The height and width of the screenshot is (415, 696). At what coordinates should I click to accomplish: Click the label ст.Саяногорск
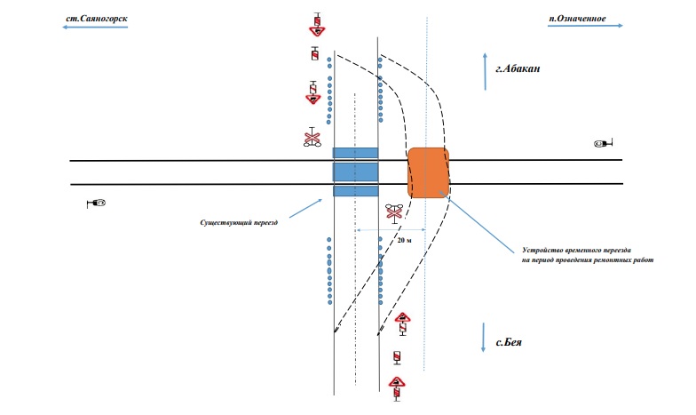[97, 19]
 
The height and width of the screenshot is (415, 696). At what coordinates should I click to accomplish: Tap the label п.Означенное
[577, 18]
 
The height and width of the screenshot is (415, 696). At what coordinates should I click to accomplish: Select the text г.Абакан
[518, 68]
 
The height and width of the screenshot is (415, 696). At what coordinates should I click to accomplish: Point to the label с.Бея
[509, 342]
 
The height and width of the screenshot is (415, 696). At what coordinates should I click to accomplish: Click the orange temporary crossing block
[428, 172]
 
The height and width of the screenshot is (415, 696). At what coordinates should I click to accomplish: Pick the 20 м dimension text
[405, 240]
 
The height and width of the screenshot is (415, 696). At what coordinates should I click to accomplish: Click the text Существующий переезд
[239, 222]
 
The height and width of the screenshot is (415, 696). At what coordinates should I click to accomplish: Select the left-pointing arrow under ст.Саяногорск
[95, 28]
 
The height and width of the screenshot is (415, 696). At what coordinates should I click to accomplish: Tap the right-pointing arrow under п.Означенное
[585, 26]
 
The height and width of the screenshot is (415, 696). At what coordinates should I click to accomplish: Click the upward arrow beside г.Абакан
[485, 71]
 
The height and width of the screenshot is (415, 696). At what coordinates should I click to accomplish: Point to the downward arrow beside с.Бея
[483, 338]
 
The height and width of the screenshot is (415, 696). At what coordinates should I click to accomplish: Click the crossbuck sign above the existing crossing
[312, 137]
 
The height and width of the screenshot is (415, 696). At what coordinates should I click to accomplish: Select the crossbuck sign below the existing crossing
[394, 211]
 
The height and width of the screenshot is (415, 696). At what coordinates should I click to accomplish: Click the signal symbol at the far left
[96, 204]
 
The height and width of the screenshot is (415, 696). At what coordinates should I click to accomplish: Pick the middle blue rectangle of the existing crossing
[355, 172]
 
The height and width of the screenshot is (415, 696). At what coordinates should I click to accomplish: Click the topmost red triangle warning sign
[318, 30]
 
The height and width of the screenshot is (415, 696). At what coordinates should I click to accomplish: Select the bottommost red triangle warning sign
[397, 382]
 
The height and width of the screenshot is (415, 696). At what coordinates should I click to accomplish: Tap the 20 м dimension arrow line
[391, 230]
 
